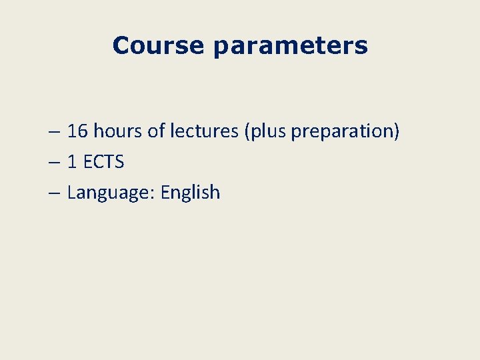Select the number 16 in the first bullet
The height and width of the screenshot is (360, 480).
coord(78,131)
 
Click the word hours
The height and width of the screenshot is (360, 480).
coord(118,131)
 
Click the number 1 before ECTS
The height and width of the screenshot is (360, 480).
coord(72,162)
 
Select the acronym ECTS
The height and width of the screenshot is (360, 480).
coord(103,162)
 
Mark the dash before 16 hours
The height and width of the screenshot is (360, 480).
coord(55,132)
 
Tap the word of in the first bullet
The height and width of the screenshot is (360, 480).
coord(155,131)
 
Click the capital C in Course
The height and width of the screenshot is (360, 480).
coord(121,45)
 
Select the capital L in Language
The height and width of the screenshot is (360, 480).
coord(71,192)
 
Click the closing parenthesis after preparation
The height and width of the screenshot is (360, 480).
coord(397,132)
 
